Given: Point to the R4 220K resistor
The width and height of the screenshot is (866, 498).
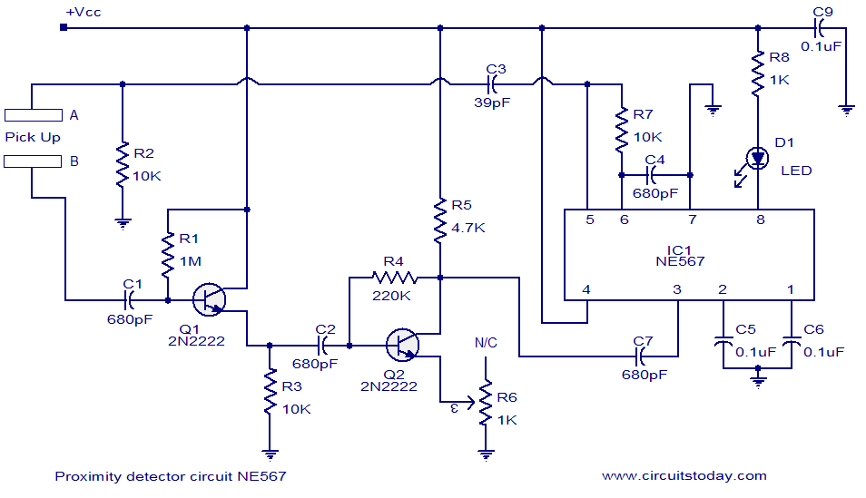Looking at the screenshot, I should click(393, 278).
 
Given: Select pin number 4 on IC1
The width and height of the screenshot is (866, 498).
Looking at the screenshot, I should click(586, 290).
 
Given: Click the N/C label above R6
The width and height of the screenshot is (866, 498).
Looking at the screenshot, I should click(486, 344).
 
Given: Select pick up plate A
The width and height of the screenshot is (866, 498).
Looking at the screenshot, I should click(33, 115).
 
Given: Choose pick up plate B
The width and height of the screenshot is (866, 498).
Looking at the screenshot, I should click(33, 161).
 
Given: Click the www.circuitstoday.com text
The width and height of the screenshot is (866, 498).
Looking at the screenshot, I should click(684, 475).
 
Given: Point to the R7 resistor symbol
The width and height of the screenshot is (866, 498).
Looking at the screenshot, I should click(621, 131).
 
